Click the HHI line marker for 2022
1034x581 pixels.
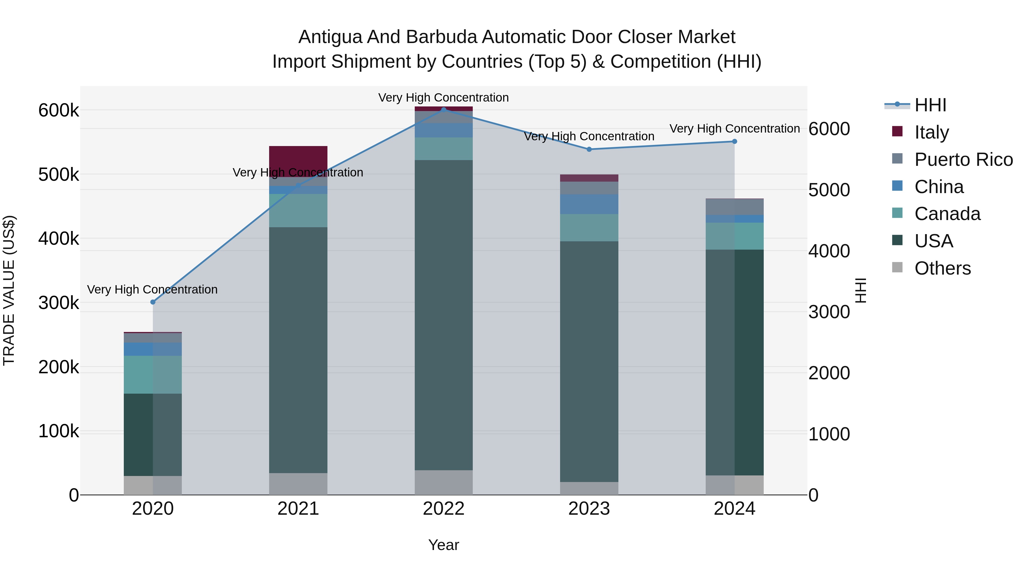pos(443,110)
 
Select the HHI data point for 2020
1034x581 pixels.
pos(153,302)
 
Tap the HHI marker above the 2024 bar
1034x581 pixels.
pos(734,141)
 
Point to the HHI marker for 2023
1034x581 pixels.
pos(589,149)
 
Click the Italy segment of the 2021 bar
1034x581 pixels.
pos(298,158)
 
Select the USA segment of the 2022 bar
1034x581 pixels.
pos(443,315)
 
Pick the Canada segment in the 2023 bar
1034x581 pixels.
pos(589,227)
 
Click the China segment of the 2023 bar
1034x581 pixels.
pos(589,204)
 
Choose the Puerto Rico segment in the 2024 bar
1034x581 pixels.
pos(734,207)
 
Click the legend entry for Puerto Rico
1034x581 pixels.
pos(963,160)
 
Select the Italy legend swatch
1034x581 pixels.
pos(897,131)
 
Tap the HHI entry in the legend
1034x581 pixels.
pos(930,105)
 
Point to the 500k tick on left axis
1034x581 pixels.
pos(59,175)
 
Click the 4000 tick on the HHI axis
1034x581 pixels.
pos(829,251)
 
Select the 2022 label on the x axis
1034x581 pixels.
pos(443,509)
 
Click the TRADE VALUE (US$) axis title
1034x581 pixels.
pos(9,290)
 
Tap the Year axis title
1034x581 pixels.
pos(443,545)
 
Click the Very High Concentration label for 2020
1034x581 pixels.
pos(152,289)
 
